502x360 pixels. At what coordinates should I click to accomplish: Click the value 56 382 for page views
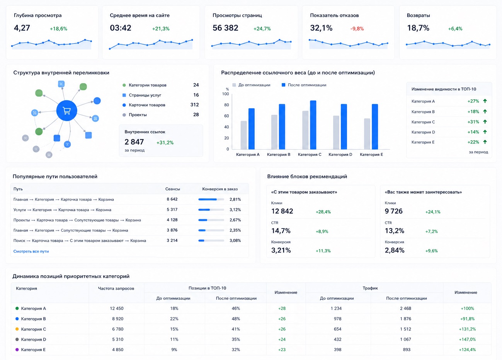pos(225,28)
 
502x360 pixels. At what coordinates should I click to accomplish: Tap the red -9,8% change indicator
pos(357,29)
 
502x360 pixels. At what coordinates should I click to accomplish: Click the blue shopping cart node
pos(67,111)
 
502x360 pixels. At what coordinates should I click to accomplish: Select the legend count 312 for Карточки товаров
pos(194,105)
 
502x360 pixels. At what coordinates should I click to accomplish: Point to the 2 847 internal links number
pos(134,142)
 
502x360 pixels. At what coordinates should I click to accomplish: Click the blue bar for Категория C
pos(313,125)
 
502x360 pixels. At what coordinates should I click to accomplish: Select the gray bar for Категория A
pos(243,135)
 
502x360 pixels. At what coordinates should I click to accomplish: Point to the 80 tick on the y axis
pos(226,105)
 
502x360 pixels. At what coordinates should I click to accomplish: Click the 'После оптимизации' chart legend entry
pos(304,85)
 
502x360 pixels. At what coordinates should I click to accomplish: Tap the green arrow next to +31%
pos(485,122)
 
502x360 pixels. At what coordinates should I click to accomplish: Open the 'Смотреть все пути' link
pos(31,251)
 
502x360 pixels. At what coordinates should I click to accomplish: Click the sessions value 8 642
pos(172,199)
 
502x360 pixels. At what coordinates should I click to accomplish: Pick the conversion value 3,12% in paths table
pos(235,210)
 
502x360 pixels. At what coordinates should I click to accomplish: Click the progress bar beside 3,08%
pos(211,241)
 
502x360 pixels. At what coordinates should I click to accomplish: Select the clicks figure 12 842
pos(282,211)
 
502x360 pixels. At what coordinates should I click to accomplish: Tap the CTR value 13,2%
pos(395,231)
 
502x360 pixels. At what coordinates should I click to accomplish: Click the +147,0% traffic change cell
pos(467,340)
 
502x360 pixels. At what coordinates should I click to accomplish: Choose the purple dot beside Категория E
pos(17,350)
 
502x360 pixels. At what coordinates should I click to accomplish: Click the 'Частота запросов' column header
pos(116,288)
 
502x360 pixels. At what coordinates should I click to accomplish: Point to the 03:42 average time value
pos(120,28)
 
